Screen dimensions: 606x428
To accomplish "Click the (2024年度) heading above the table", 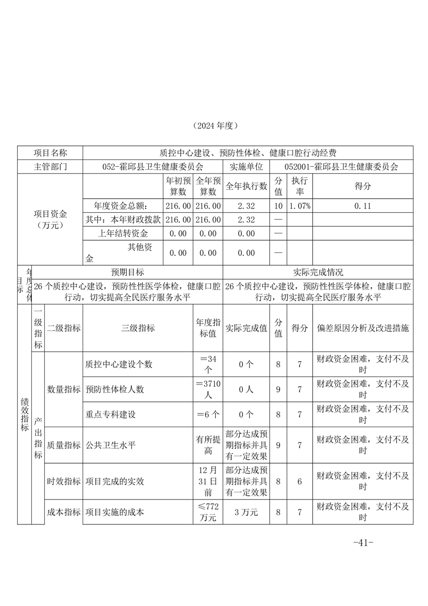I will pos(214,125).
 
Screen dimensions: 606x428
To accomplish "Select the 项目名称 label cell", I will pos(50,153).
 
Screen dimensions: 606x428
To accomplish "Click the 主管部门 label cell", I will pos(50,167).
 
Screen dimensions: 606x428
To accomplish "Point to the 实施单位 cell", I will pos(246,167).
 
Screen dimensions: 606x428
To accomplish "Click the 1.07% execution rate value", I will pos(299,206).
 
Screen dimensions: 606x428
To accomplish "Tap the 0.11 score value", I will pos(363,206).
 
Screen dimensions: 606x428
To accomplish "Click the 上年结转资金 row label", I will pos(123,233).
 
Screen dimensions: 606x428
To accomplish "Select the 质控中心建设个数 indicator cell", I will pos(119,364).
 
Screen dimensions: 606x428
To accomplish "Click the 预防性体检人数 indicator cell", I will pos(114,389).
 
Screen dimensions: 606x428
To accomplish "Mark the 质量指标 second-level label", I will pos(64,446).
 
